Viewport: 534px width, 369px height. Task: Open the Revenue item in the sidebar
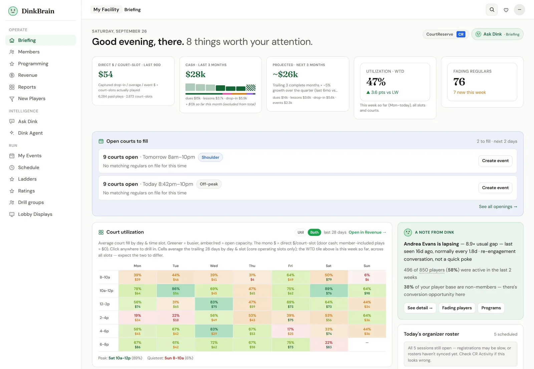click(x=27, y=75)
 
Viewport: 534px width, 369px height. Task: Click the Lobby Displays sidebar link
click(x=35, y=214)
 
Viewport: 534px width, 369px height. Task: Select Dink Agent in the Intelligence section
click(x=30, y=133)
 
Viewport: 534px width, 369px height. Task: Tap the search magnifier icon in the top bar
click(x=492, y=10)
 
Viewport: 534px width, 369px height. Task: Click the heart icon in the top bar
click(x=506, y=10)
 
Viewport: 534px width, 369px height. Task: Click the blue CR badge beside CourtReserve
click(x=461, y=34)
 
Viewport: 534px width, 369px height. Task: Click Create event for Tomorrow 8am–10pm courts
click(x=495, y=161)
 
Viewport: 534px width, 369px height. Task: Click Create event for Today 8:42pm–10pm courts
click(x=495, y=188)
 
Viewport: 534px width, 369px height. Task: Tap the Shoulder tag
click(x=210, y=157)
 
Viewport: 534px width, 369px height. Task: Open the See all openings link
click(x=498, y=207)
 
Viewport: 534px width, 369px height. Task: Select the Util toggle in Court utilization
click(x=300, y=232)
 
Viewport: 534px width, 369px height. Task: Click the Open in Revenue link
click(x=367, y=232)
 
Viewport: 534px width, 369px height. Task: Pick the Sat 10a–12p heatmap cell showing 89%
click(x=329, y=291)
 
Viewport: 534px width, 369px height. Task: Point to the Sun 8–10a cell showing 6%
click(x=367, y=277)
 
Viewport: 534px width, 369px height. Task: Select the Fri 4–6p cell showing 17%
click(x=290, y=331)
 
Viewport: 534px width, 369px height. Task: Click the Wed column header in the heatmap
click(x=214, y=266)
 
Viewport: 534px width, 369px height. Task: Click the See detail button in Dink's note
click(x=420, y=308)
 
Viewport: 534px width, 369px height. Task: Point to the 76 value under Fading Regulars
click(x=459, y=82)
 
